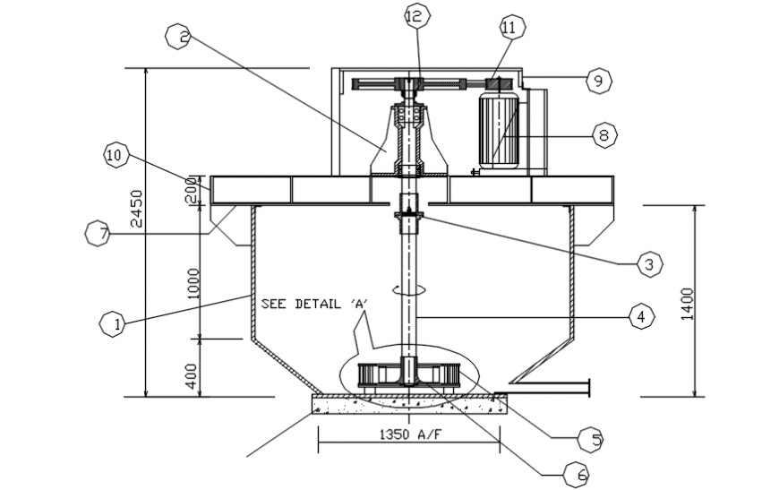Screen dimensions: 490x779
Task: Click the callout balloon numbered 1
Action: pyautogui.click(x=112, y=324)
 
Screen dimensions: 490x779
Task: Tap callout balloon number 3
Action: pyautogui.click(x=649, y=263)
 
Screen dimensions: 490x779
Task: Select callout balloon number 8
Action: pyautogui.click(x=604, y=135)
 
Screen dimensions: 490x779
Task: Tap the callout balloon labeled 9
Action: pyautogui.click(x=598, y=80)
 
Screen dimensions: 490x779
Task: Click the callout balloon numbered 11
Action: pyautogui.click(x=509, y=28)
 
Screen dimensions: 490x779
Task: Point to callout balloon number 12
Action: pyautogui.click(x=417, y=16)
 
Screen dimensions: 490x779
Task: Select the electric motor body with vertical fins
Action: pyautogui.click(x=497, y=128)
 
